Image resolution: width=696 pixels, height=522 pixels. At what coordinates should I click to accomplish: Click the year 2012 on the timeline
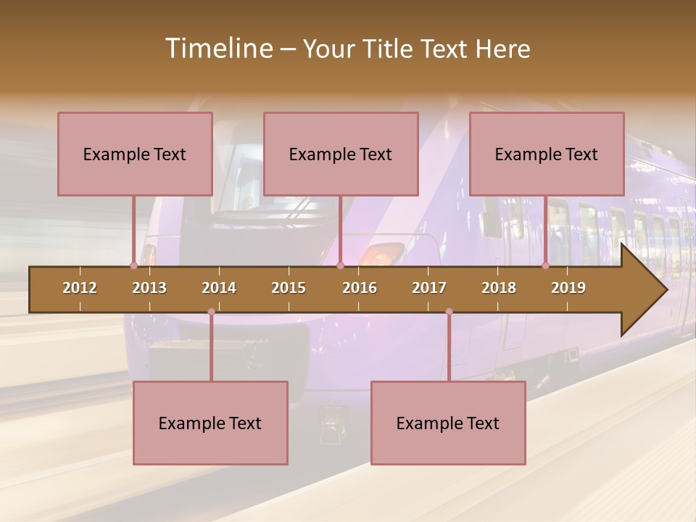(80, 288)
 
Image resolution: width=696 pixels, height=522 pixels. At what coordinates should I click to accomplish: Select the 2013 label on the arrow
(149, 288)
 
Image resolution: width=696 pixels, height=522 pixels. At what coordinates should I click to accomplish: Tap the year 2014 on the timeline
(219, 288)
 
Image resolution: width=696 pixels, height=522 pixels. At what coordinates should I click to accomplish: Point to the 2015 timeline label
(289, 288)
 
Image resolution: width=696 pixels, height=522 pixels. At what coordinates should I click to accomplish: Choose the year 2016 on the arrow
(360, 288)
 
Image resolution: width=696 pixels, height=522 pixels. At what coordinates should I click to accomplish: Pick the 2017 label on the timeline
(429, 288)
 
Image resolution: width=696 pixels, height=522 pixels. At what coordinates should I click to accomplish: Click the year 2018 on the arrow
(499, 288)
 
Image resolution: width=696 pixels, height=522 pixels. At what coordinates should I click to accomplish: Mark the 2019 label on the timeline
(568, 288)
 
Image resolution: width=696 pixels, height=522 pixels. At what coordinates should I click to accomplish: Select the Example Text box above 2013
(135, 154)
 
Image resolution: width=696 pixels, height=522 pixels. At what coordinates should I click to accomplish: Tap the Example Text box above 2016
(341, 154)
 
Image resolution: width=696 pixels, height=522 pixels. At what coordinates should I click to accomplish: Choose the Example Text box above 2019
(547, 154)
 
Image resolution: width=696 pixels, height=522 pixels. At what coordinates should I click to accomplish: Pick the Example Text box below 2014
(210, 423)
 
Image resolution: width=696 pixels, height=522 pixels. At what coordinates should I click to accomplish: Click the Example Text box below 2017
(448, 423)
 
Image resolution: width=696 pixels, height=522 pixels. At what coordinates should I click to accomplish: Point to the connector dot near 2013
(133, 265)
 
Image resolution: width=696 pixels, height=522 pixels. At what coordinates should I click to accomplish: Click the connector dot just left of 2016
(340, 265)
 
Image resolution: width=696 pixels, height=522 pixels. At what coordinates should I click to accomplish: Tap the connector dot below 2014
(211, 312)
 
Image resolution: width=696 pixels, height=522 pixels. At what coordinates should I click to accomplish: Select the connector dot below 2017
(449, 312)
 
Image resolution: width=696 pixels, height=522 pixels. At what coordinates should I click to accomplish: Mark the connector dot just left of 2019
(546, 265)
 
